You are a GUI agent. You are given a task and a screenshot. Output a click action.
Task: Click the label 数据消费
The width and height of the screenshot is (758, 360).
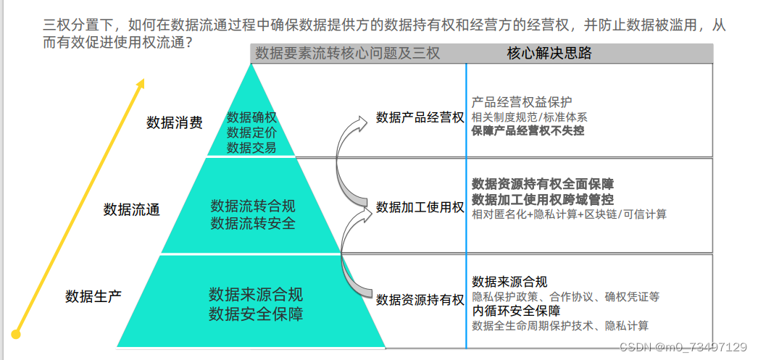(174, 122)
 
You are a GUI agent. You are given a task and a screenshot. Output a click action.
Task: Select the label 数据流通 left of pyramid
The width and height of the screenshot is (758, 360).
(132, 210)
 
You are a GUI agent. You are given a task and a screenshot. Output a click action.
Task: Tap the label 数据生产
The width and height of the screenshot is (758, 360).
(93, 296)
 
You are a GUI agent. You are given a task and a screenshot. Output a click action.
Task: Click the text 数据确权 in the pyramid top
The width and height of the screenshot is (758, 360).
(251, 117)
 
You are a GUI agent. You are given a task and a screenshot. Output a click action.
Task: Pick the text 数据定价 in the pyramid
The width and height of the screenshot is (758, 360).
(251, 133)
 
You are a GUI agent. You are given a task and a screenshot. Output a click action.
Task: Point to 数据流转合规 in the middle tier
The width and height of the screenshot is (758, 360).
(253, 206)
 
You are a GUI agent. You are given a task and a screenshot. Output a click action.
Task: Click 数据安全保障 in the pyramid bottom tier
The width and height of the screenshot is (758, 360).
(256, 314)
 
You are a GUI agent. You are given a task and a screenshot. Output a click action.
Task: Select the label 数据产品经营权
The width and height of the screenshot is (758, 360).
(420, 117)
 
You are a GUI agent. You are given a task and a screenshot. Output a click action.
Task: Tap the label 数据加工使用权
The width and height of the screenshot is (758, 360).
(420, 208)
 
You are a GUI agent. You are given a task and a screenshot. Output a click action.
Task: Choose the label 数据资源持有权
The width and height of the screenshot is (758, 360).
(420, 300)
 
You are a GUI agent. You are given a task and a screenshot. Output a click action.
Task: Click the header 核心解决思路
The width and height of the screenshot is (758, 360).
(549, 53)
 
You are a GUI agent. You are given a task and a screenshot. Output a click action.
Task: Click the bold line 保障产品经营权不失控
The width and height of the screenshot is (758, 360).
(528, 131)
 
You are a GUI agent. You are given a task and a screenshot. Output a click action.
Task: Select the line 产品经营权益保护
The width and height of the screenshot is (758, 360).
(522, 102)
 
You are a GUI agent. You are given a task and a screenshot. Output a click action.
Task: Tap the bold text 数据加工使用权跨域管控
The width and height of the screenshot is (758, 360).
(543, 199)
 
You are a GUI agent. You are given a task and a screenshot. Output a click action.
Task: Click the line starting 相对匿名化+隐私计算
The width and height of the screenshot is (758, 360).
(569, 214)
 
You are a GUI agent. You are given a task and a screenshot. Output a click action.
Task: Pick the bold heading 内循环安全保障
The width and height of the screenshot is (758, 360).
(516, 311)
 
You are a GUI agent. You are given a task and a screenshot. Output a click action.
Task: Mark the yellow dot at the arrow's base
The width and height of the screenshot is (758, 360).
(16, 333)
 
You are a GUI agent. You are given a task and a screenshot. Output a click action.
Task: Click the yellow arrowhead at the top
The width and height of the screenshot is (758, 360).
(141, 85)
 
